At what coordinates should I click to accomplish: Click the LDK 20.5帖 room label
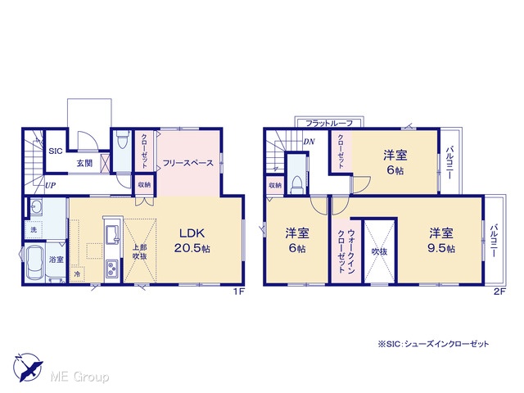[x=192, y=241]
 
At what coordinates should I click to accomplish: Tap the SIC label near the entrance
[x=56, y=151]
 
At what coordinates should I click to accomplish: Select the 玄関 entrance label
[x=84, y=164]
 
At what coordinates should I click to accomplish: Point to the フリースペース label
[x=187, y=163]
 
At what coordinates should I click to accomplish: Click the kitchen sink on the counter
[x=112, y=235]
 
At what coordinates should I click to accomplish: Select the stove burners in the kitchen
[x=111, y=269]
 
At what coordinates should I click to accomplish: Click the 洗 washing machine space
[x=34, y=229]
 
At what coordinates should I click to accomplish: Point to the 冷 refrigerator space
[x=77, y=274]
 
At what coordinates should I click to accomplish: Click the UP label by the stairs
[x=50, y=185]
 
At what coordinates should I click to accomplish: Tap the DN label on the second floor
[x=309, y=142]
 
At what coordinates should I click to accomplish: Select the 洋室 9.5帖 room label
[x=441, y=241]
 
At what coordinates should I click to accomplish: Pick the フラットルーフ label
[x=329, y=124]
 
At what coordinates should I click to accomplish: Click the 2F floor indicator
[x=499, y=291]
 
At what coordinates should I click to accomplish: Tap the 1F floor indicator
[x=239, y=291]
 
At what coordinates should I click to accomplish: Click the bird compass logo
[x=28, y=367]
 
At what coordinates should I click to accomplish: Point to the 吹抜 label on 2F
[x=379, y=251]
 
